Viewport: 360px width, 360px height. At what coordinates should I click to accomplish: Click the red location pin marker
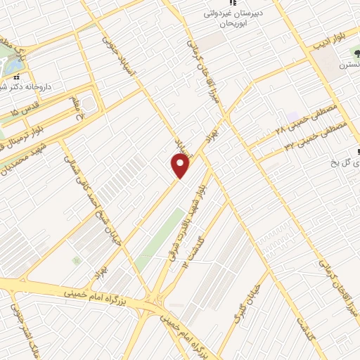click(x=181, y=165)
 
